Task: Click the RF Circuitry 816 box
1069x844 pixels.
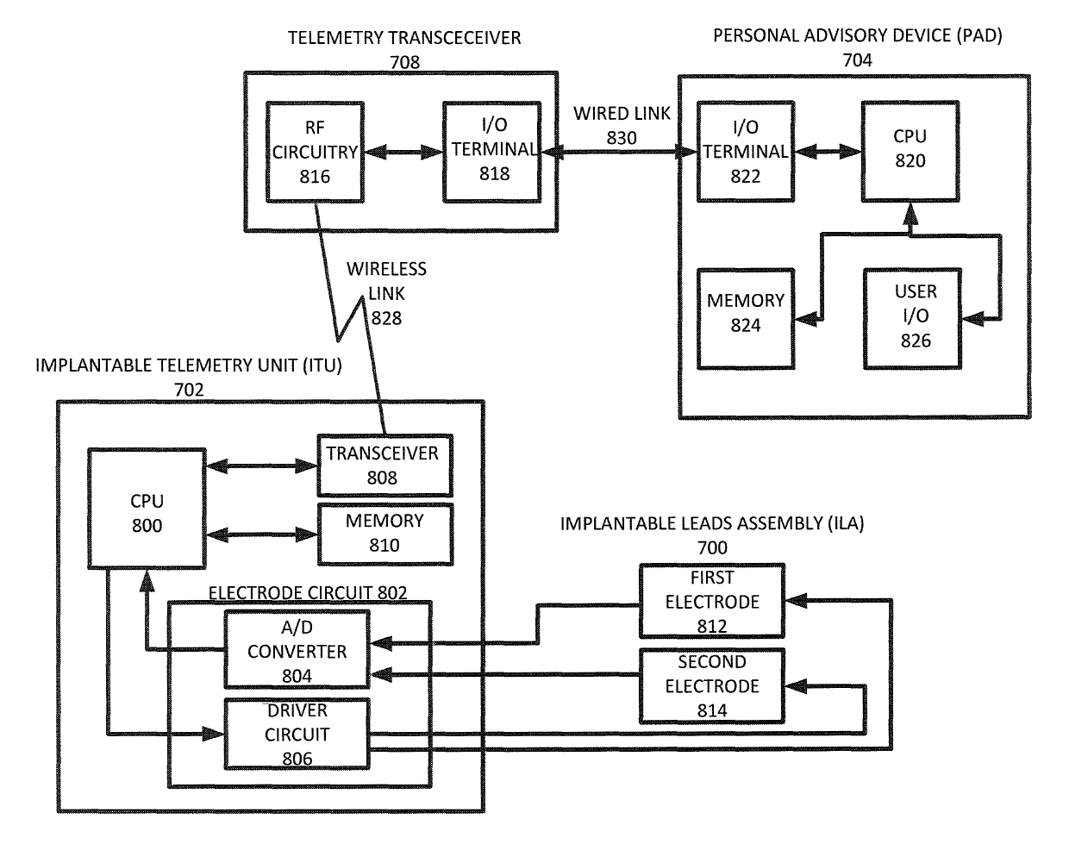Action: [x=316, y=153]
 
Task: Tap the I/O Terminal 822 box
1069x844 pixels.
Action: [x=746, y=152]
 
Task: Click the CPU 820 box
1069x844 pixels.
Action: [x=910, y=152]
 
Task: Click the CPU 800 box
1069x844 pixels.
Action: [x=147, y=513]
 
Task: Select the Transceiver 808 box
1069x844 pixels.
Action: [x=382, y=465]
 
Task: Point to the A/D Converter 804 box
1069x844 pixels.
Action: [x=297, y=651]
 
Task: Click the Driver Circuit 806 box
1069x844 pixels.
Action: [x=297, y=735]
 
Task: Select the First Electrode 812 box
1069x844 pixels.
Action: [x=712, y=601]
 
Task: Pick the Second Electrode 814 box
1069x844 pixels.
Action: [x=712, y=686]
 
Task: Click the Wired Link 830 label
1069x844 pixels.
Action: [x=622, y=125]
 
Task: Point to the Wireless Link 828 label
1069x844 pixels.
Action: [x=386, y=293]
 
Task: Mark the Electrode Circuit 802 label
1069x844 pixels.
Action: [x=309, y=592]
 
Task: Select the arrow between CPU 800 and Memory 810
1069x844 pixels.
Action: [x=262, y=533]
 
